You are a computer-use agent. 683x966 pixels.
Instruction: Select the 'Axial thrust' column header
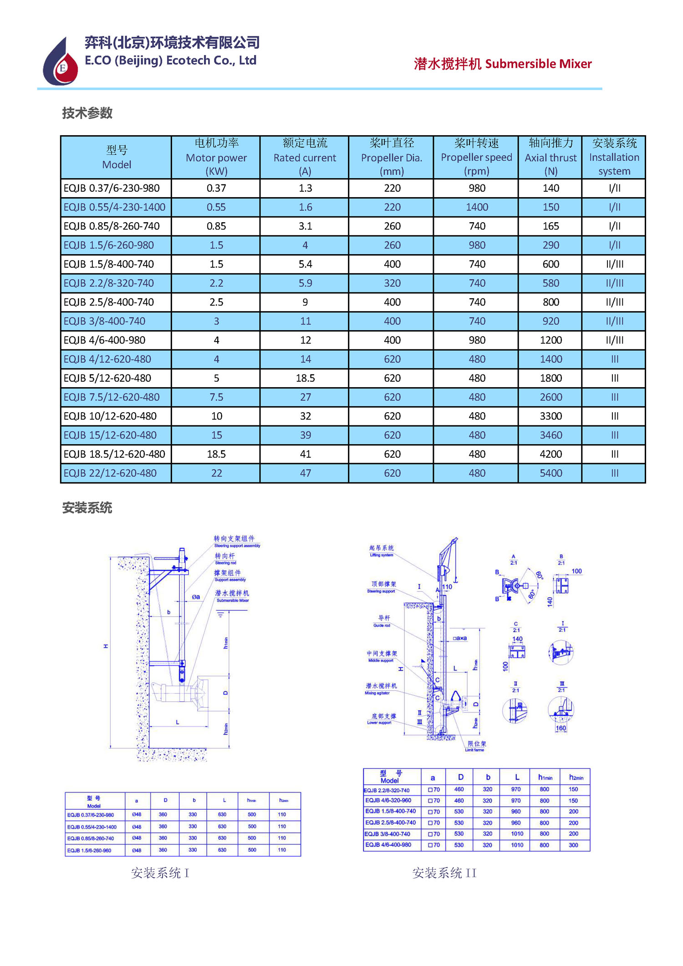[550, 157]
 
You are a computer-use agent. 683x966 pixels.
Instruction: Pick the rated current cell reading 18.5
[305, 378]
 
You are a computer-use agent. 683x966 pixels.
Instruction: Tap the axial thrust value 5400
[550, 473]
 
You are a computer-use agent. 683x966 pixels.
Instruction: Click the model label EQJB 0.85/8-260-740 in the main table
[112, 226]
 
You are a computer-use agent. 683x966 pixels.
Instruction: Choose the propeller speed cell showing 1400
[476, 207]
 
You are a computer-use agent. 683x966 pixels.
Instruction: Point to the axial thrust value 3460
[550, 435]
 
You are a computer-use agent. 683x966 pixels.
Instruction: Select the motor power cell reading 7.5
[216, 397]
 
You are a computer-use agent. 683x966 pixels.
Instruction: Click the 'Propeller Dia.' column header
[391, 157]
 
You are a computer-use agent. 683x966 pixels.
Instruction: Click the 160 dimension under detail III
[561, 728]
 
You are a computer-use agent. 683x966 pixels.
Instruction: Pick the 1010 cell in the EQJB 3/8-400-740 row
[517, 834]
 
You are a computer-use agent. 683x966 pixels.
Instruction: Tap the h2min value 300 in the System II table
[573, 845]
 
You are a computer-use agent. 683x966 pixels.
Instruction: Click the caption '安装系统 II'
[444, 873]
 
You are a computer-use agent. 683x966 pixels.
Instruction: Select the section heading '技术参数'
[87, 113]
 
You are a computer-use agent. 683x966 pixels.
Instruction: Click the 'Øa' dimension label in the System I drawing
[196, 597]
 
